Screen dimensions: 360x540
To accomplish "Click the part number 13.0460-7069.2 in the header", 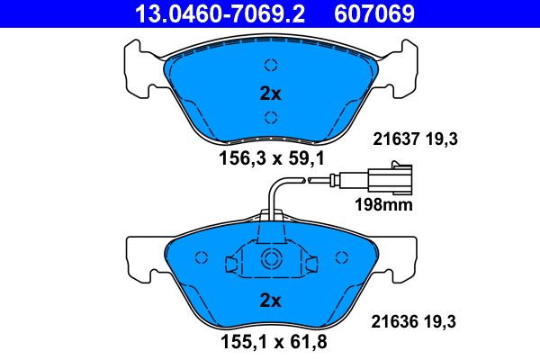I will point(211,13).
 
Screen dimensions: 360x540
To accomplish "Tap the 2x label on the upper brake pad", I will point(271,92).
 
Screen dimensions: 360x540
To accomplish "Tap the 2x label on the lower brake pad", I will point(271,299).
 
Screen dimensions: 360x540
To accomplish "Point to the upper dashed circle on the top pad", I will point(271,64).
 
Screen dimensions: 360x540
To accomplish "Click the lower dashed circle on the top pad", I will point(271,115).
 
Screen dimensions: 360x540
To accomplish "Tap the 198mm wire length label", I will point(384,205).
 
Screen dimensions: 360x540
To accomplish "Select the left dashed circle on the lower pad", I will point(202,257).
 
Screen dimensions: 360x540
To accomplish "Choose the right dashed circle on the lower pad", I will point(341,257).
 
